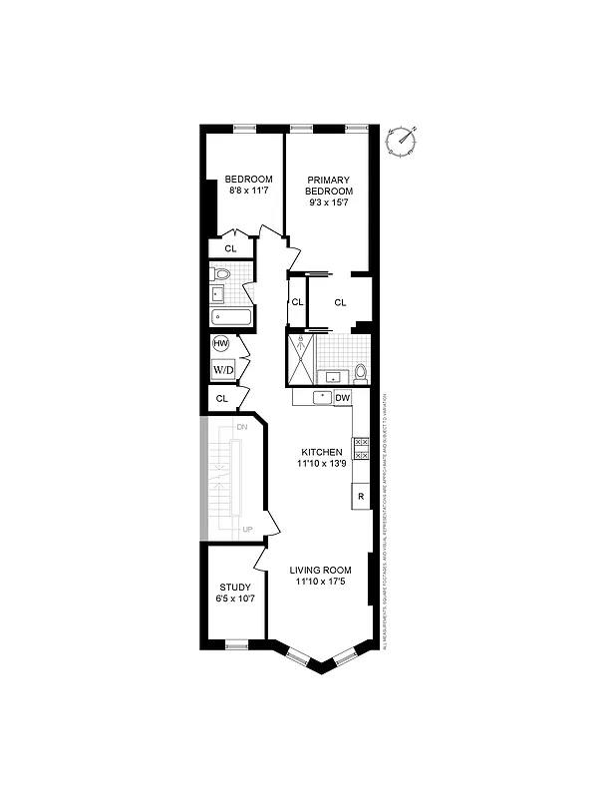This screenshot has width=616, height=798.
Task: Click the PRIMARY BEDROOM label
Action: (328, 180)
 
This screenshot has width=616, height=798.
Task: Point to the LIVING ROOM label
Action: (320, 571)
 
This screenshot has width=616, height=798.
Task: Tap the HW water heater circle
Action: (221, 344)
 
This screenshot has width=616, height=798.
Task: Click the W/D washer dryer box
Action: (223, 370)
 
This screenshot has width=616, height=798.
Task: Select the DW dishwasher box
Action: (341, 398)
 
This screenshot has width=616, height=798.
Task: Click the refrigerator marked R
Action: (360, 496)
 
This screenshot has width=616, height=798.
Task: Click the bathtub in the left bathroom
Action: (231, 317)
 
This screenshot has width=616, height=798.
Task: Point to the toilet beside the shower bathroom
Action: (360, 373)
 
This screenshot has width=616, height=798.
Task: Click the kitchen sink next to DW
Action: (320, 397)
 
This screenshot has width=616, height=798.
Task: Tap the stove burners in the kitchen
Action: (361, 449)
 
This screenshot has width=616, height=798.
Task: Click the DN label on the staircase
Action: (241, 427)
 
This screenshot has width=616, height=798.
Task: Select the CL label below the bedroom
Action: (230, 248)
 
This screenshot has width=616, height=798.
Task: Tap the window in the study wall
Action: (236, 645)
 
